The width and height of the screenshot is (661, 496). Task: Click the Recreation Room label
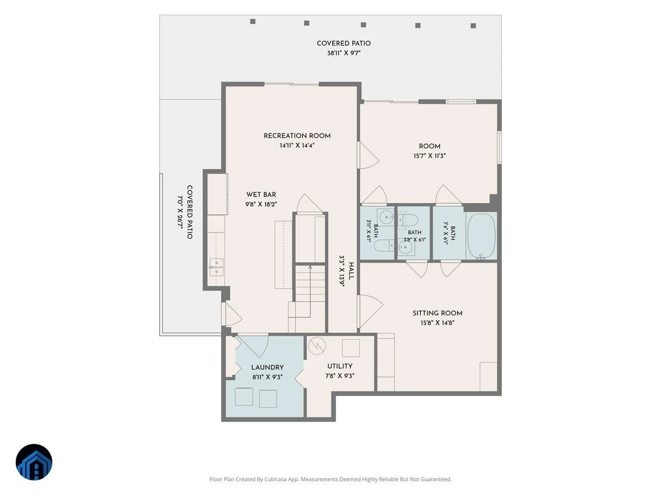click(x=297, y=136)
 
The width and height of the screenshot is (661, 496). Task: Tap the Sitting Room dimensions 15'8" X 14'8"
click(x=437, y=323)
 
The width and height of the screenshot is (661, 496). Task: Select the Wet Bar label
click(x=261, y=195)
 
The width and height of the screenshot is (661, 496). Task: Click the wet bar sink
click(x=216, y=267)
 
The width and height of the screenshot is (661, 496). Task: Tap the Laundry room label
click(x=267, y=368)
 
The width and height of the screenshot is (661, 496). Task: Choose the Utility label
click(x=340, y=366)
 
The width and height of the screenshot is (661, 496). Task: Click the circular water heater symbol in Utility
click(x=317, y=346)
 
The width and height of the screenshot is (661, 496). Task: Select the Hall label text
click(x=351, y=271)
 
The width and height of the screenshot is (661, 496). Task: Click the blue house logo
click(x=34, y=462)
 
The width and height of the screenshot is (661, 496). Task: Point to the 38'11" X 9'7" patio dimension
click(x=344, y=53)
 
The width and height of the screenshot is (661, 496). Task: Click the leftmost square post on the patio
click(x=253, y=21)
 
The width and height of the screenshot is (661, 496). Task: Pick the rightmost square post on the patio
click(x=473, y=26)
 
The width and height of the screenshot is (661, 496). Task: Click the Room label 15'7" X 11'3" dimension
click(x=430, y=156)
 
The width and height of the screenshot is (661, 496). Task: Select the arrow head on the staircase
click(x=310, y=267)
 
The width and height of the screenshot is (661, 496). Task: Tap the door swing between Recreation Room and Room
click(x=368, y=155)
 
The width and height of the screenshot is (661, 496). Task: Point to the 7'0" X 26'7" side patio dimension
click(x=180, y=212)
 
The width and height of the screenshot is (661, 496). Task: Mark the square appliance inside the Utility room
click(x=351, y=348)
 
